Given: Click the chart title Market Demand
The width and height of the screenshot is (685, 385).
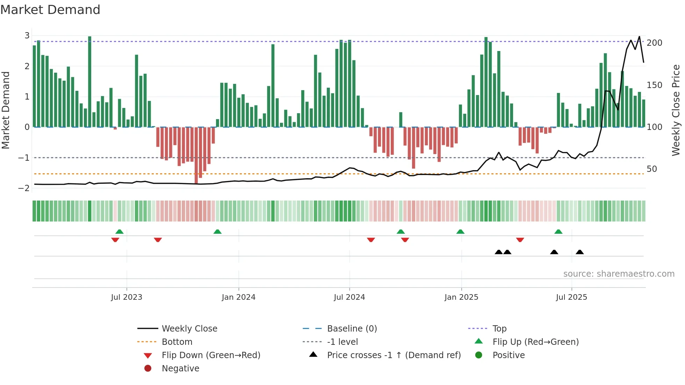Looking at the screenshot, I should click(50, 10).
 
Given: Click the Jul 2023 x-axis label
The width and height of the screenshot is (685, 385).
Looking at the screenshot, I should click(127, 297).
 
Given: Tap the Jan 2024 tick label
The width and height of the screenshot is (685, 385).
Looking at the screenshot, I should click(238, 297).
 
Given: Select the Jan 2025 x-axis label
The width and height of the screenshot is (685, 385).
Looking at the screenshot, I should click(461, 297).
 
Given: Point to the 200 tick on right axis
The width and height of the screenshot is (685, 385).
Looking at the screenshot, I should click(654, 43).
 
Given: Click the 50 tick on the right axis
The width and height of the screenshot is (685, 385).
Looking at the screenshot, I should click(652, 169).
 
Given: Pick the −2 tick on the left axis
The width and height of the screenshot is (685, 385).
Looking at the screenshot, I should click(24, 188).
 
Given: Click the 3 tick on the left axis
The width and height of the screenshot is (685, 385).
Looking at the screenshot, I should click(27, 36).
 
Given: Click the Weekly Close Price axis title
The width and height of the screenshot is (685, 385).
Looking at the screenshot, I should click(676, 110).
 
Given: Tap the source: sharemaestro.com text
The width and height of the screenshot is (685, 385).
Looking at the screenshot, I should click(619, 274).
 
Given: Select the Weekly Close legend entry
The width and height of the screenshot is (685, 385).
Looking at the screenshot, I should click(189, 329).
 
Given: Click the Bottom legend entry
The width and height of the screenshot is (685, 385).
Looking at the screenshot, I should click(177, 342).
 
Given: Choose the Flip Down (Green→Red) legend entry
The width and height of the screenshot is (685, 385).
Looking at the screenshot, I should click(211, 355).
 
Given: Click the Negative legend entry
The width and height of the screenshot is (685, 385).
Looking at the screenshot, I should click(180, 369).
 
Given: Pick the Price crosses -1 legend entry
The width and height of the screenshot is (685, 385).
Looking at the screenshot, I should click(394, 355).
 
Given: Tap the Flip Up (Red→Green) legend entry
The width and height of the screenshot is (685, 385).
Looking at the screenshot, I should click(535, 342).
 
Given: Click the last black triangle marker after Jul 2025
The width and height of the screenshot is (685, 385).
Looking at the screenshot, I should click(580, 252).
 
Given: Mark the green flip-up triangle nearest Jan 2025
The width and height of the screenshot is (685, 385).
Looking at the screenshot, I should click(460, 232).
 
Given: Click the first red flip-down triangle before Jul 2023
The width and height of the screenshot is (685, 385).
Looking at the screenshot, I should click(115, 240).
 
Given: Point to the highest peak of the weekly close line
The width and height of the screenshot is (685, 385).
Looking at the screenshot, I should click(639, 37).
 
